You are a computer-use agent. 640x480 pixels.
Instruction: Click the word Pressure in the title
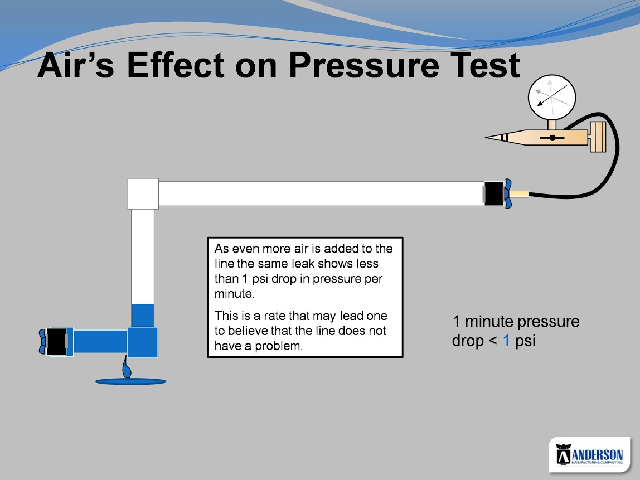coord(363,65)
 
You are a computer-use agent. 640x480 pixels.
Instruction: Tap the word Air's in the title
coord(75,65)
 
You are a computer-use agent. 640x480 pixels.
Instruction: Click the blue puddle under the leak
coord(130,382)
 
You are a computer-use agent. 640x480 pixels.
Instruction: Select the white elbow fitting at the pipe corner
coord(143,194)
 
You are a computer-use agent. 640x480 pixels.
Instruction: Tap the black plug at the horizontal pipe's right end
coord(494,193)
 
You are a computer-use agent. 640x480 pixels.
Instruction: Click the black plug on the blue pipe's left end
coord(57,341)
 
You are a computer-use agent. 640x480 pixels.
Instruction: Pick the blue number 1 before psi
coord(506,341)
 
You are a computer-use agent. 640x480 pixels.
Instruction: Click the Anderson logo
coord(589,454)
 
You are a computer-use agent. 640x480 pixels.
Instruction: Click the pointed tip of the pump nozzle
coord(486,138)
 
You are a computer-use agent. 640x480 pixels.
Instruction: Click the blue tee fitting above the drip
coord(143,342)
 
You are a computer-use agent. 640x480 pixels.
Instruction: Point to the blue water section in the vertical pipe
coord(143,316)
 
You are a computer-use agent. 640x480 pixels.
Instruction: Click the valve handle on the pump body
coord(552,138)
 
